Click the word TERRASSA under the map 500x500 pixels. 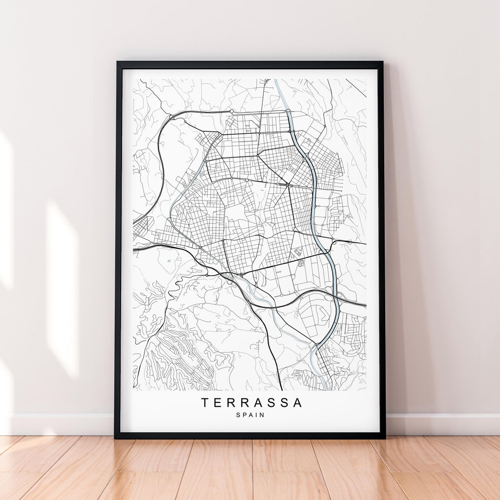click(251, 403)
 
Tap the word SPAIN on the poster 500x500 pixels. click(250, 415)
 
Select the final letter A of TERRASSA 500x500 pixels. click(297, 403)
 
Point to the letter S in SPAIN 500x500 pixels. click(238, 415)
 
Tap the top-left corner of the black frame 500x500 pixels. click(117, 62)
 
